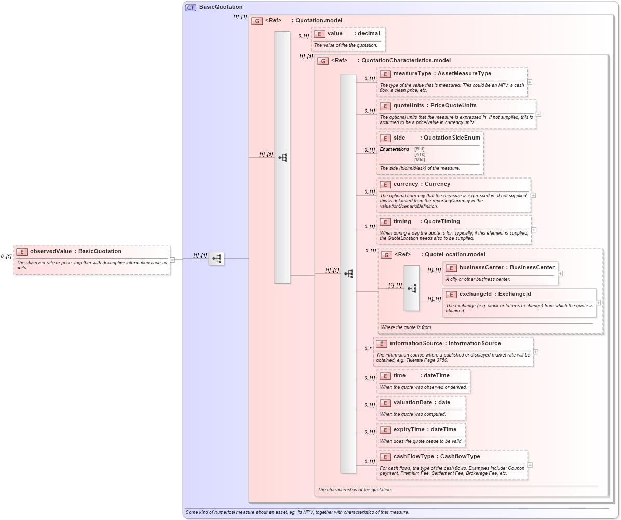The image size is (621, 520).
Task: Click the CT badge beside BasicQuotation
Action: [x=191, y=7]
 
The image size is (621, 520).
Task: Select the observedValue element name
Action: [x=51, y=251]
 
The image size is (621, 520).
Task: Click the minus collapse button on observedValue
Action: [x=172, y=259]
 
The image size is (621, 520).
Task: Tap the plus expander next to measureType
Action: [x=530, y=82]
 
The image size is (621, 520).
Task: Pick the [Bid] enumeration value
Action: [x=419, y=149]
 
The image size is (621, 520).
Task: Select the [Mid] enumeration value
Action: [x=419, y=160]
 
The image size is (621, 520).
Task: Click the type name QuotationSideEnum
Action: [x=452, y=138]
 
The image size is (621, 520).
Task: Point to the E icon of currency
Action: [x=385, y=184]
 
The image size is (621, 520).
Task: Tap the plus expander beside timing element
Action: [x=534, y=230]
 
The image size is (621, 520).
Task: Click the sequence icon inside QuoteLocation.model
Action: [x=412, y=288]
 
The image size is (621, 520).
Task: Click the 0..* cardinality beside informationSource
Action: [x=368, y=348]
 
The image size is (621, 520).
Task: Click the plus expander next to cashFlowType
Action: [x=530, y=465]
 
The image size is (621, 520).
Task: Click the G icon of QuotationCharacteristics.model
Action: [x=322, y=61]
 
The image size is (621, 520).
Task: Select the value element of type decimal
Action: [x=335, y=34]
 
